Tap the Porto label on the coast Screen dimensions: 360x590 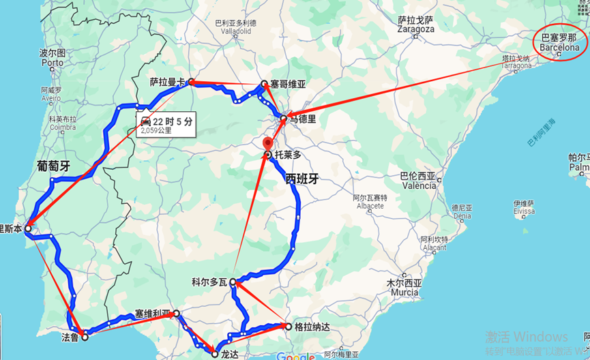51,62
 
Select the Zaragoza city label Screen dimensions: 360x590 415,29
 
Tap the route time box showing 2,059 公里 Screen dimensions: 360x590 166,123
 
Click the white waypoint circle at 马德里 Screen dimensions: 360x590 284,119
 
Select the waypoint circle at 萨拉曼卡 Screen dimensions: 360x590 192,82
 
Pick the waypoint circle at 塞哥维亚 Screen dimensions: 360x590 264,85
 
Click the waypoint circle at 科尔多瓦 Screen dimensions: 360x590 233,282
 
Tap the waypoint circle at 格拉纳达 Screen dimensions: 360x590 289,327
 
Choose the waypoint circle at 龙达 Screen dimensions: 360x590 216,354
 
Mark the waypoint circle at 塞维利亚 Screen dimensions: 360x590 177,314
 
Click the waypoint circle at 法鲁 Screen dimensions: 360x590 85,336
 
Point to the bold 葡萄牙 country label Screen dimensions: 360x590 53,166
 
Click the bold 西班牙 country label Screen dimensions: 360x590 302,180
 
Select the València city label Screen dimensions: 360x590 417,185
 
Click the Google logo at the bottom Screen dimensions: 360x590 296,356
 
